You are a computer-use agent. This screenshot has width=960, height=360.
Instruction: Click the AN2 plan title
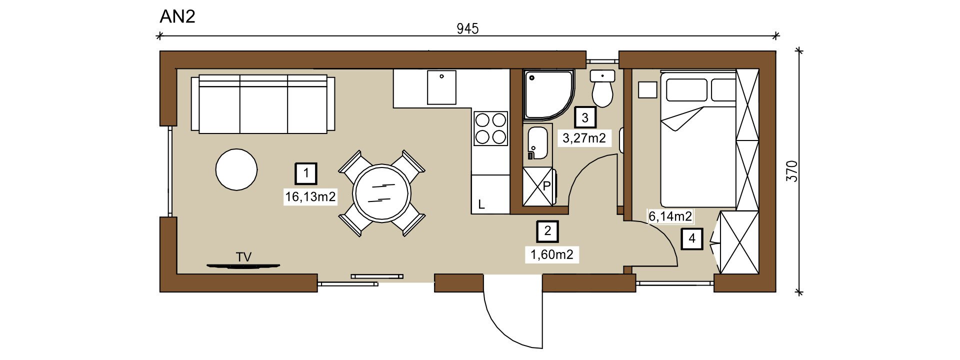(x=177, y=16)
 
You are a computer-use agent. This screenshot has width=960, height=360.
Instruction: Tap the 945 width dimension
(x=467, y=29)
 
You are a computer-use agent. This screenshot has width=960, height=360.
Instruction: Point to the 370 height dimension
(x=791, y=171)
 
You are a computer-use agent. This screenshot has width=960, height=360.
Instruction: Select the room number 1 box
(x=306, y=174)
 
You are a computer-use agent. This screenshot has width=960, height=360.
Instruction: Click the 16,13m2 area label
(x=310, y=197)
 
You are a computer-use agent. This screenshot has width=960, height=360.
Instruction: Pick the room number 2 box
(x=547, y=231)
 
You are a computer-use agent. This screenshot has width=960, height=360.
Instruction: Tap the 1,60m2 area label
(x=552, y=254)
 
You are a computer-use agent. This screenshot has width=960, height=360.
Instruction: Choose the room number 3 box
(x=585, y=118)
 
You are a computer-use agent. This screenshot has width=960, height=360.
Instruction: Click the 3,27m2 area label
(x=584, y=138)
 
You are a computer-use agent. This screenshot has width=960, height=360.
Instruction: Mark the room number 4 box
(x=692, y=238)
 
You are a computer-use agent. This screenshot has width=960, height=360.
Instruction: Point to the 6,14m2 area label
(x=670, y=216)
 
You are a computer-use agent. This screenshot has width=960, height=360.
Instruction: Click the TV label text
(x=243, y=257)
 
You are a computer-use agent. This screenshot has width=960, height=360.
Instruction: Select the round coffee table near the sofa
(x=236, y=169)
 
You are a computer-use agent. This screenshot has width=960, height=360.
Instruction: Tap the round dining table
(x=381, y=193)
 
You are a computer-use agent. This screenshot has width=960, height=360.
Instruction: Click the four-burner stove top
(x=491, y=128)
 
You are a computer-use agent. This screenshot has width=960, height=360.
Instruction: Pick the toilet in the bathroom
(x=602, y=88)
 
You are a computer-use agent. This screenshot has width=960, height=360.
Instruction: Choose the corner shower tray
(x=548, y=94)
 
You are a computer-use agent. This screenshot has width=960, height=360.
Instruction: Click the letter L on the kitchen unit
(x=481, y=204)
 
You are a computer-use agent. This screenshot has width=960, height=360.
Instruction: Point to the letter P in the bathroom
(x=546, y=186)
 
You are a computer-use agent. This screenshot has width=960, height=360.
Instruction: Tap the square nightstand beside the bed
(x=647, y=90)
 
